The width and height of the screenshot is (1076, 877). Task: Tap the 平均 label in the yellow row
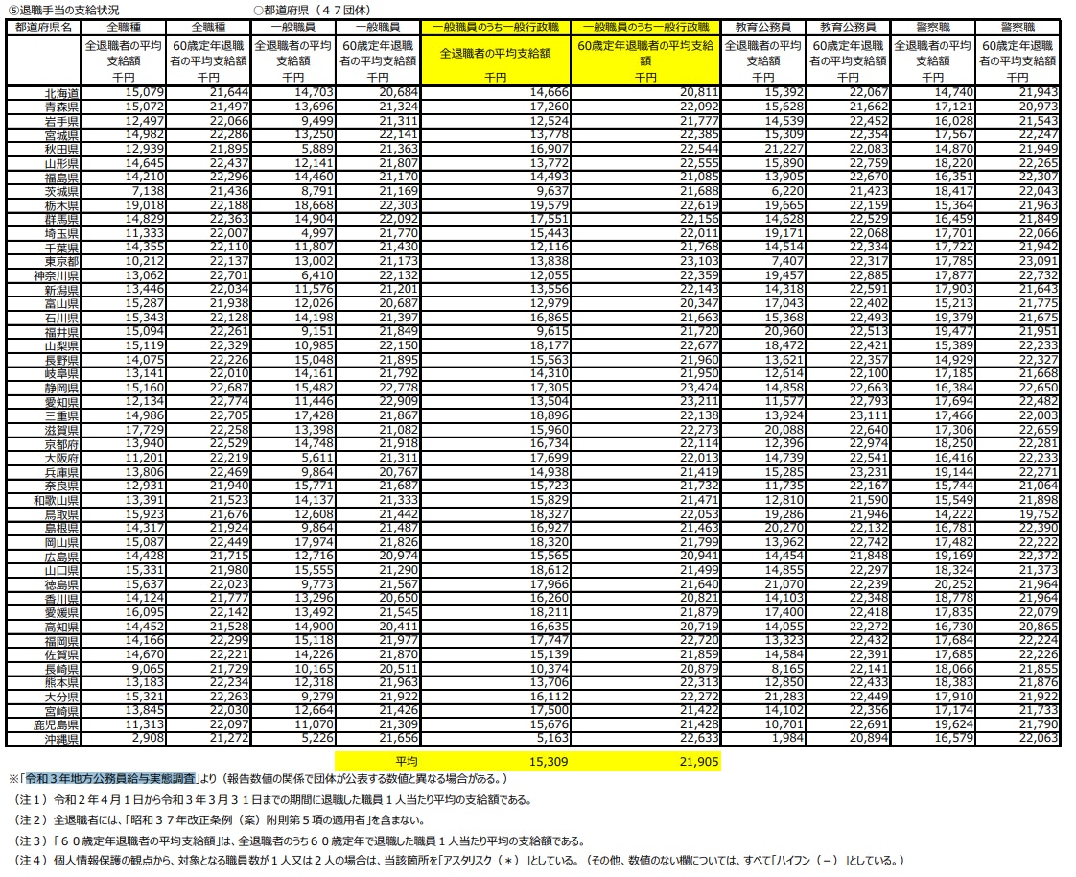click(406, 761)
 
